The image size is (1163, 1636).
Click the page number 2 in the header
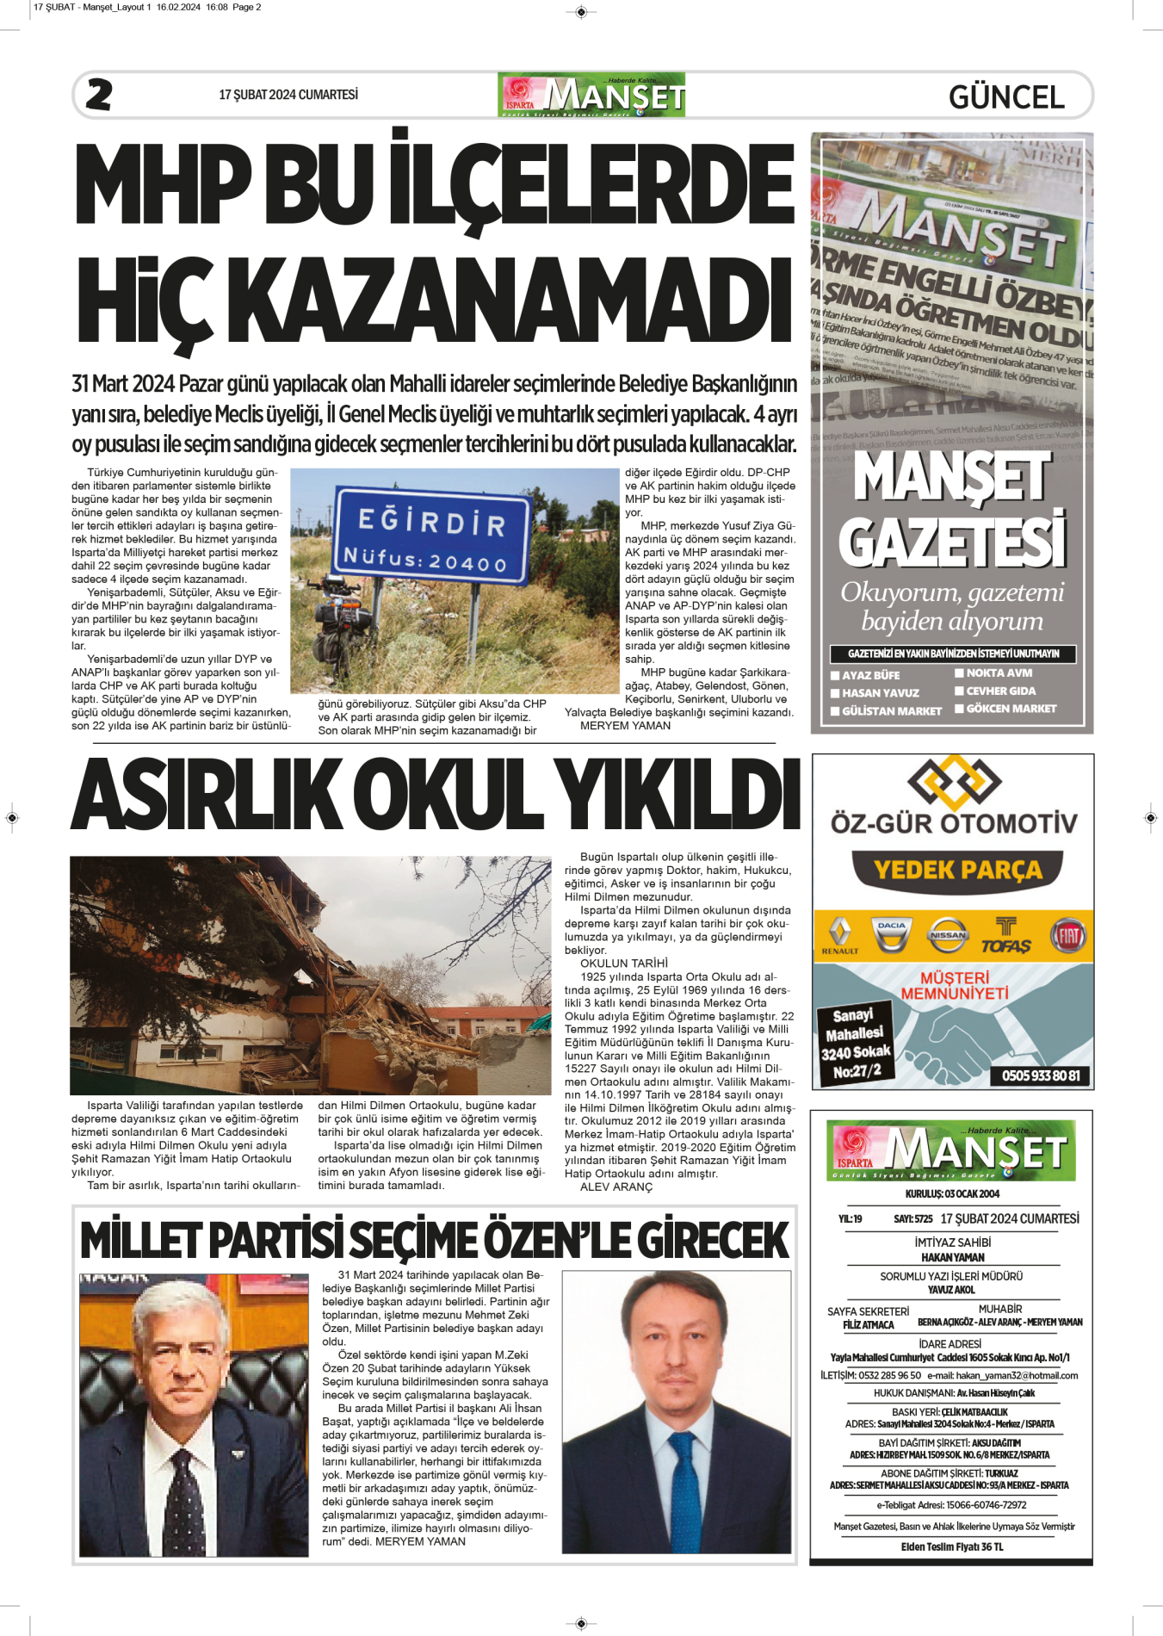click(x=99, y=95)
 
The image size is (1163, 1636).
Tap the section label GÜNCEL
click(x=1006, y=97)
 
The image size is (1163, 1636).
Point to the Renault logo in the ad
click(x=839, y=935)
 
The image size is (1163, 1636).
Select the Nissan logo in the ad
click(x=948, y=935)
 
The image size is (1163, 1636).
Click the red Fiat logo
click(x=1068, y=935)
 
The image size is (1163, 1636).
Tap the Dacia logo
click(x=892, y=935)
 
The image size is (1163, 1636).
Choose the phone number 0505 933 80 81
click(x=1041, y=1075)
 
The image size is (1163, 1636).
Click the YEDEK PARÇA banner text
click(x=958, y=871)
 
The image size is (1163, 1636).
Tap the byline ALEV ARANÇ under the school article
click(x=616, y=1187)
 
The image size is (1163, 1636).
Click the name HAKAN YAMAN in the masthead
click(x=952, y=1257)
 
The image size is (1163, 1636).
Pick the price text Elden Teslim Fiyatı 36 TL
click(x=952, y=1546)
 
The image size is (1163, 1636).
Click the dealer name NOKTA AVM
click(x=999, y=673)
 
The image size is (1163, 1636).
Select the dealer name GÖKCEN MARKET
click(x=1011, y=709)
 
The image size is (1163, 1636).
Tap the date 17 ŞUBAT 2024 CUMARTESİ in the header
click(x=288, y=95)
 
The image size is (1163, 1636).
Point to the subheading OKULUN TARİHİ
click(x=624, y=964)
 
